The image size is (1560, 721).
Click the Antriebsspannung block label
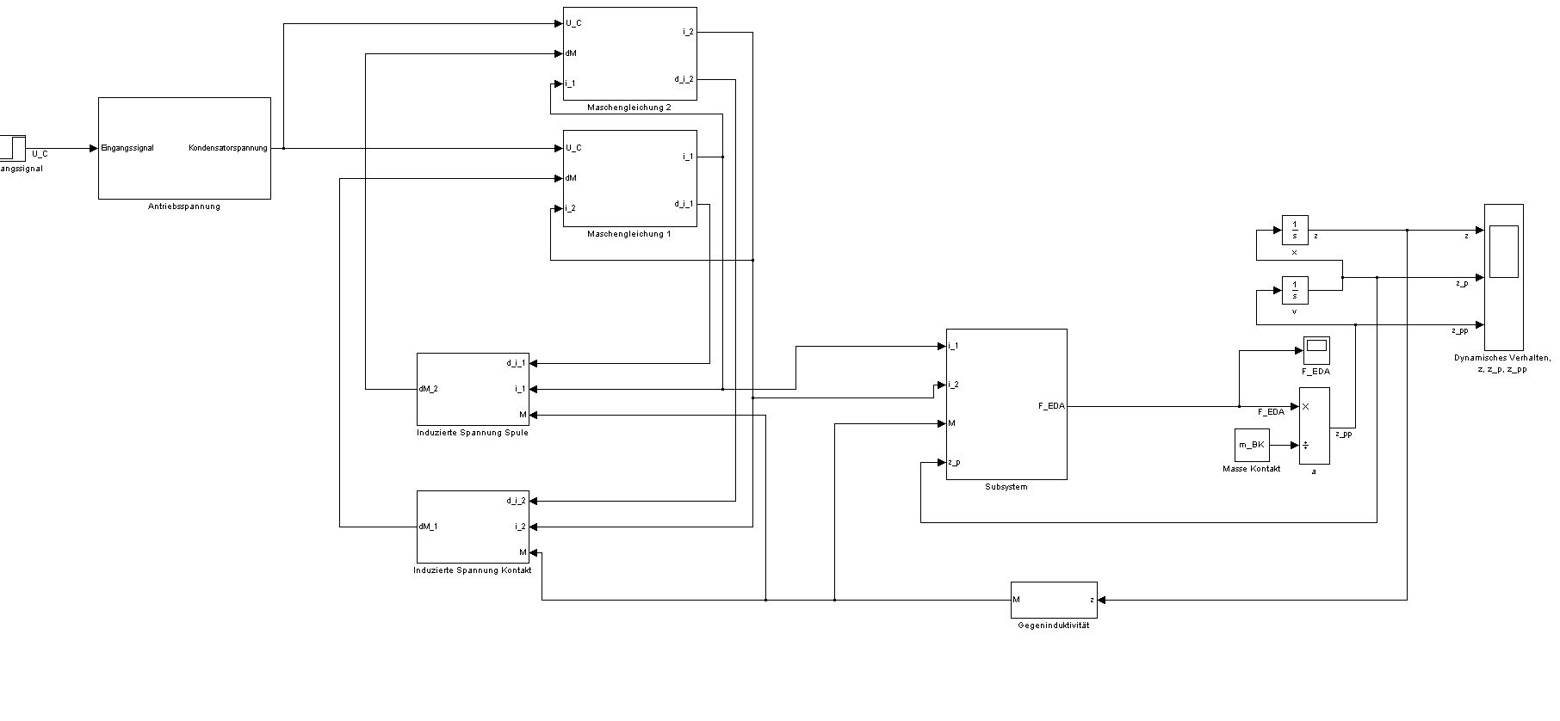coord(184,206)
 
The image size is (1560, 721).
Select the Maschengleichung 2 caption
coord(629,108)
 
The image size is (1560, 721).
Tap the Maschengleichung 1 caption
coord(629,234)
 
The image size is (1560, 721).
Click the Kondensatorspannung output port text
coord(228,148)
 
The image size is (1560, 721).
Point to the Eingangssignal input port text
coord(127,148)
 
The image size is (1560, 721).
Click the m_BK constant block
coord(1252,445)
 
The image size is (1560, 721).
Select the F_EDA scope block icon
coord(1316,349)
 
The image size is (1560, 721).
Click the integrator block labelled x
coord(1295,230)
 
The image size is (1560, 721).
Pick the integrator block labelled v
coord(1295,290)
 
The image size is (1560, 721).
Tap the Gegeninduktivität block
coord(1055,600)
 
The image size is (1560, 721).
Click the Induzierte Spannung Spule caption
coord(473,433)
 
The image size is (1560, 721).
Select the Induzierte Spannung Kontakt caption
coord(473,570)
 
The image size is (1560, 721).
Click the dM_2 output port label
coord(429,389)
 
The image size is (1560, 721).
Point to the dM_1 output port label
coord(429,527)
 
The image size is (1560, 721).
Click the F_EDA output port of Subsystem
coord(1051,406)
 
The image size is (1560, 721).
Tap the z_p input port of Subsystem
coord(954,462)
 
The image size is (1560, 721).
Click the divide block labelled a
coord(1315,426)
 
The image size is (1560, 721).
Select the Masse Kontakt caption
coord(1251,469)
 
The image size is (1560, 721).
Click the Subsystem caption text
coord(1006,487)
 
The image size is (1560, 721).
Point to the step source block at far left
coord(12,148)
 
